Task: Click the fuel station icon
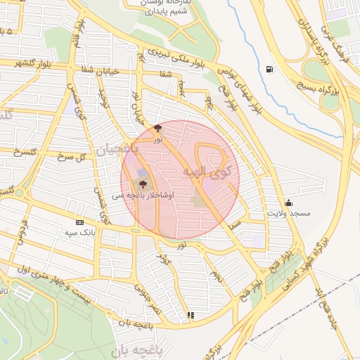(x=270, y=69)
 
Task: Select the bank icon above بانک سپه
(x=79, y=223)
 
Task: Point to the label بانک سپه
(x=80, y=232)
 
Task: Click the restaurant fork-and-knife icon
(x=190, y=316)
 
